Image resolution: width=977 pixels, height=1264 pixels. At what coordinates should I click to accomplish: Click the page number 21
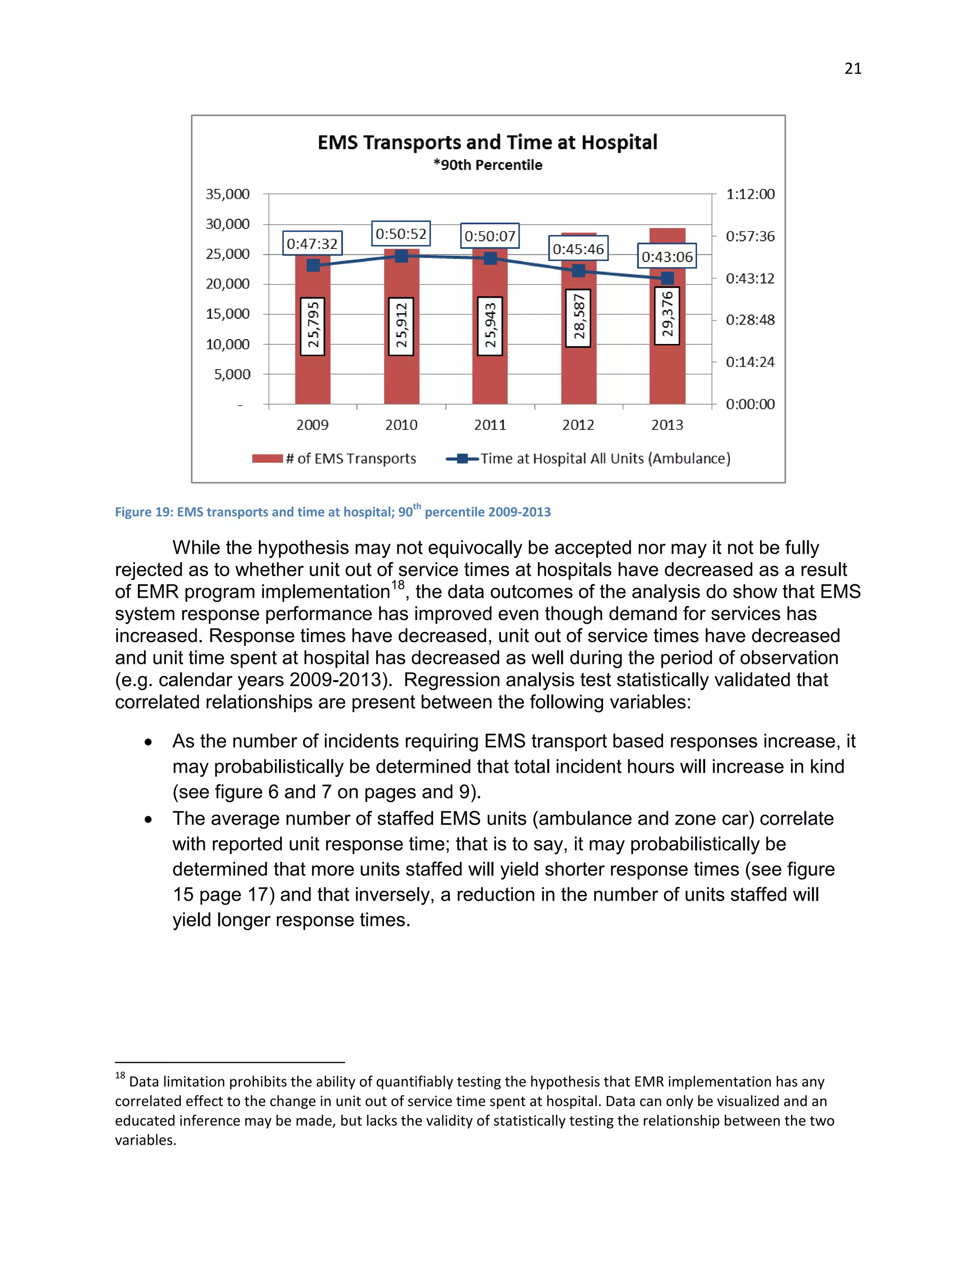[x=852, y=69]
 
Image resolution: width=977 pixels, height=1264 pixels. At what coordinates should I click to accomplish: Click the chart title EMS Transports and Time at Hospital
[x=488, y=142]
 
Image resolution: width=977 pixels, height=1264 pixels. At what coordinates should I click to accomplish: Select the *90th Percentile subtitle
[x=488, y=165]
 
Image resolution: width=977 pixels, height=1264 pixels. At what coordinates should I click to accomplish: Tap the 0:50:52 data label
[x=401, y=234]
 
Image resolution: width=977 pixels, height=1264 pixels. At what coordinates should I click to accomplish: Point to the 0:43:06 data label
[x=667, y=257]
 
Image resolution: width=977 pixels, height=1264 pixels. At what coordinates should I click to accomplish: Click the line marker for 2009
[x=313, y=265]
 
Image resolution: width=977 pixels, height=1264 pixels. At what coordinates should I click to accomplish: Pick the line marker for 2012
[x=578, y=270]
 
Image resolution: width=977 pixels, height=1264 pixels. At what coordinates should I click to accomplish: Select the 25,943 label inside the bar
[x=489, y=326]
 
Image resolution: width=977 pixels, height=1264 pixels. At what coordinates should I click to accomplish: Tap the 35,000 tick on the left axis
[x=228, y=194]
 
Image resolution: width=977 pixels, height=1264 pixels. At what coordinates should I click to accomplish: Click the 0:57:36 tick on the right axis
[x=749, y=236]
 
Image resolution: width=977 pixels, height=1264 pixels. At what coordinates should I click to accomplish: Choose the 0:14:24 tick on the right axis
[x=749, y=362]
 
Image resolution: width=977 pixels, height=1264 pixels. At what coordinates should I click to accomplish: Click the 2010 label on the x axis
[x=401, y=425]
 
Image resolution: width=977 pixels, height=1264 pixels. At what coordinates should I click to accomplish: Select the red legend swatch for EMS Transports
[x=267, y=458]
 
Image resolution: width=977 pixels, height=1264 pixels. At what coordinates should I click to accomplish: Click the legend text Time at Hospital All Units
[x=605, y=458]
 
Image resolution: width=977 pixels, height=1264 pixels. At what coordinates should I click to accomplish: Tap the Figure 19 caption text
[x=332, y=512]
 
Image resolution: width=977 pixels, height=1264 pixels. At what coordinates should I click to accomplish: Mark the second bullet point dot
[x=149, y=819]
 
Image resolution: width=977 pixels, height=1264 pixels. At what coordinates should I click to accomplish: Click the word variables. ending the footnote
[x=146, y=1140]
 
